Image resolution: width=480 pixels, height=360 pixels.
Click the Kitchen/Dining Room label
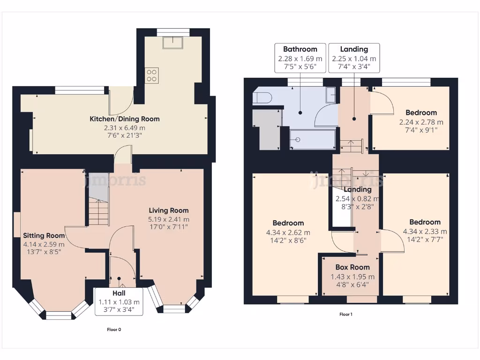point(125,119)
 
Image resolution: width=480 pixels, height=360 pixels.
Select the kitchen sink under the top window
point(173,43)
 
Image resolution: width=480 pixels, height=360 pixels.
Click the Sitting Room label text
point(44,236)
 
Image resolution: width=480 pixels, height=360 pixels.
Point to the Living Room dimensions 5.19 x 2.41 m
point(169,219)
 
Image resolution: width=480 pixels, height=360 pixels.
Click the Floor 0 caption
point(114,330)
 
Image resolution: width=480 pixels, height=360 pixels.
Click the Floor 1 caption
point(345,315)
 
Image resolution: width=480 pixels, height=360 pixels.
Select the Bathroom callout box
point(300,58)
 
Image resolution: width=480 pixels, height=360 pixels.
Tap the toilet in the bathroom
point(260,97)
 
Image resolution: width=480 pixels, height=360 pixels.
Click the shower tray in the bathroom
point(312,139)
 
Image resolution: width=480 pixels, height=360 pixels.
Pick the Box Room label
point(352,268)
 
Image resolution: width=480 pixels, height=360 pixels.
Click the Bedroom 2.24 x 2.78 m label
point(421,113)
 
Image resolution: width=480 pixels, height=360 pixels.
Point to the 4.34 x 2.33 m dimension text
point(425,231)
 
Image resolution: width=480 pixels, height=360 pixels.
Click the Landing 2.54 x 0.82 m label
point(357,189)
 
